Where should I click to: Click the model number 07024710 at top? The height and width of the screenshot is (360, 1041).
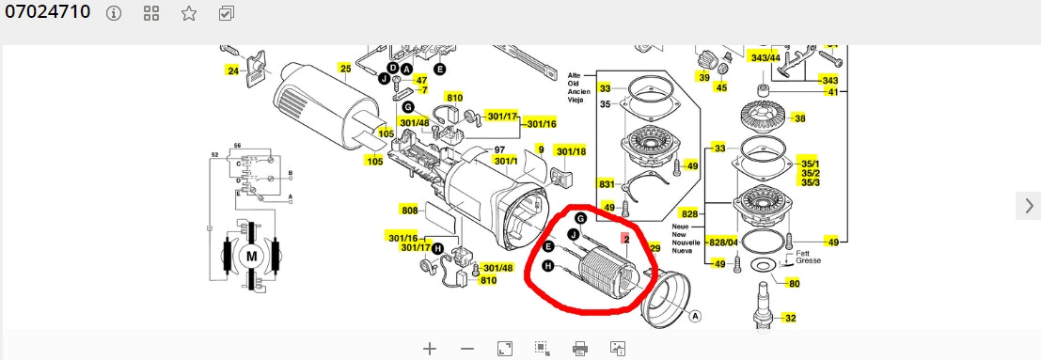(47, 12)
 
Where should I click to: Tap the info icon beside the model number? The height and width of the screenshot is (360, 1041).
(114, 13)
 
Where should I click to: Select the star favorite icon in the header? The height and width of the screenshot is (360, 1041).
(189, 13)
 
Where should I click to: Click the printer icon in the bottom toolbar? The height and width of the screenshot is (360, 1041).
(579, 348)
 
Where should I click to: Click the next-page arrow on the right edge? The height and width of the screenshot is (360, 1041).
(1029, 206)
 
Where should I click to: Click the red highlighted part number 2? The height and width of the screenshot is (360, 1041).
(626, 239)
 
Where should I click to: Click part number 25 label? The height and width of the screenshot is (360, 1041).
(345, 68)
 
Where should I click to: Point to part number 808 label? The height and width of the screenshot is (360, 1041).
(410, 211)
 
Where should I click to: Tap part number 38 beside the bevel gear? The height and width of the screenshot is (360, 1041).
(800, 118)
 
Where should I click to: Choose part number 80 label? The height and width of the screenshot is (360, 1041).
(795, 284)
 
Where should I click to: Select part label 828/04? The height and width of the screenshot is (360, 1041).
(723, 243)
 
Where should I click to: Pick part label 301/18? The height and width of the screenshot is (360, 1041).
(571, 151)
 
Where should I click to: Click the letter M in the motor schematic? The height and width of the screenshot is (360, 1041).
(251, 257)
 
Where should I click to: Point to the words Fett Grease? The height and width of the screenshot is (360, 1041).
(808, 257)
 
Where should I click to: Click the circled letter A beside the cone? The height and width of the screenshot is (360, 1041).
(696, 316)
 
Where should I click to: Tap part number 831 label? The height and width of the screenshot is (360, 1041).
(607, 184)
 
